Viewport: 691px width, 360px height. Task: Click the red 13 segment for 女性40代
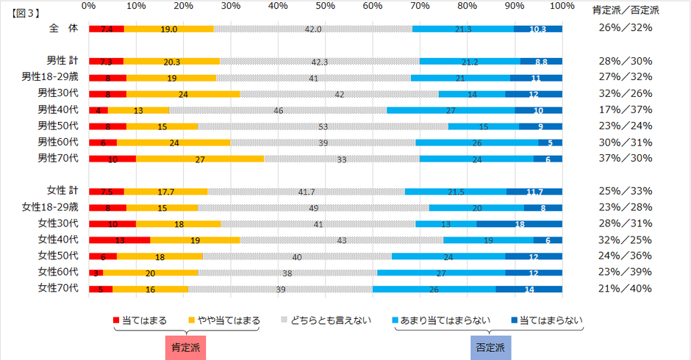(119, 240)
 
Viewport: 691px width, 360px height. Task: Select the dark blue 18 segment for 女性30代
(519, 223)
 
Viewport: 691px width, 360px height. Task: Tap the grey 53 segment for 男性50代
(323, 126)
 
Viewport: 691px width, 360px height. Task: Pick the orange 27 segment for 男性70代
(200, 158)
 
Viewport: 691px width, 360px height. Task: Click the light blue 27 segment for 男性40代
(451, 109)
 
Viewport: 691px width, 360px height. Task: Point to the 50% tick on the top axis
(325, 7)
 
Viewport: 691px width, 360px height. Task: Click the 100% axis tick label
(562, 7)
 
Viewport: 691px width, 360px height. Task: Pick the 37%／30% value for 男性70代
(626, 157)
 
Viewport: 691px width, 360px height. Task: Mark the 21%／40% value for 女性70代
(626, 287)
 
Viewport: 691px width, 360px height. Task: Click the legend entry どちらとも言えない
(328, 320)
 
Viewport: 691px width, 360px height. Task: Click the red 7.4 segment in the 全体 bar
(106, 29)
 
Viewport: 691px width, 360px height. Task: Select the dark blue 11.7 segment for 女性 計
(534, 191)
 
